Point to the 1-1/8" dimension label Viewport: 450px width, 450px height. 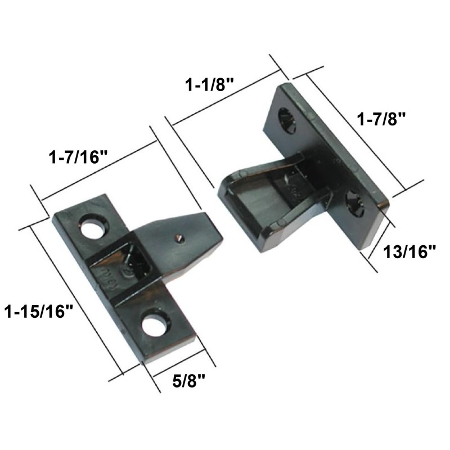pyautogui.click(x=210, y=85)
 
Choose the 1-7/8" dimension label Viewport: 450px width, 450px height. pyautogui.click(x=382, y=120)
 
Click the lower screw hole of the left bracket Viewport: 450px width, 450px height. pyautogui.click(x=155, y=325)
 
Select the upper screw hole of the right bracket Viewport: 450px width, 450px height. pyautogui.click(x=288, y=120)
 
